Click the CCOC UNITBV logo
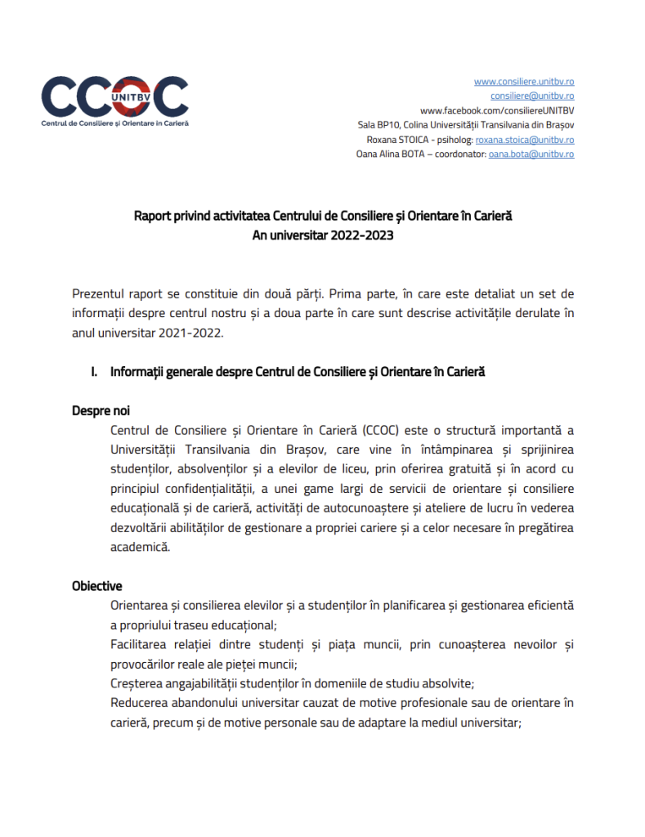114,100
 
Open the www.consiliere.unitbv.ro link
523,82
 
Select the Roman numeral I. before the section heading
95,373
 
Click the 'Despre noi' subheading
101,411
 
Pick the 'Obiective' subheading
97,586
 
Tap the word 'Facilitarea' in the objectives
140,645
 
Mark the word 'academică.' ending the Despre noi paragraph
140,548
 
